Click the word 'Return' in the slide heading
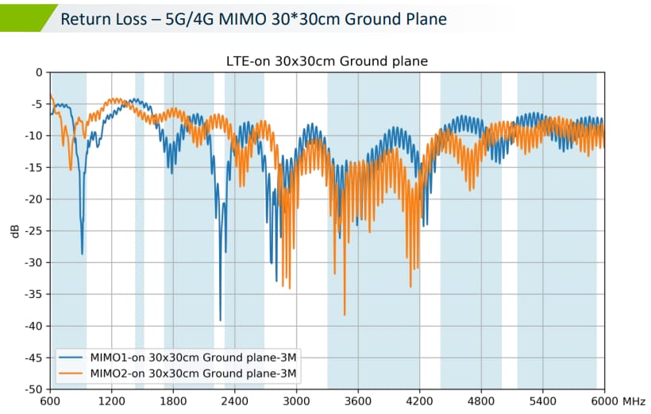86,18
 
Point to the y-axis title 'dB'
14,231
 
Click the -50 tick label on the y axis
33,389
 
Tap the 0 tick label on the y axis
37,72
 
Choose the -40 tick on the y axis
33,326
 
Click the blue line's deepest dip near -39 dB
220,319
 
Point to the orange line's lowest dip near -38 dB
345,314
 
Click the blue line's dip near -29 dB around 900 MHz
82,253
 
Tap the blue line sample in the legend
71,356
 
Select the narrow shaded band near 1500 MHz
140,230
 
